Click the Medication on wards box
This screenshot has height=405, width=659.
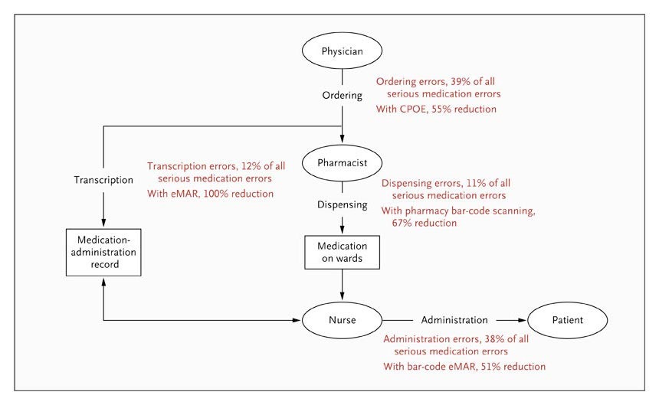[342, 252]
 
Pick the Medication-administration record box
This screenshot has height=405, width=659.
[103, 252]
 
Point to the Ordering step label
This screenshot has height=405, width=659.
[342, 96]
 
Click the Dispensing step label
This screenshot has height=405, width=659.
[342, 205]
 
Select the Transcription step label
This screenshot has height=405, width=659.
[103, 180]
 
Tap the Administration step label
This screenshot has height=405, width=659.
[454, 320]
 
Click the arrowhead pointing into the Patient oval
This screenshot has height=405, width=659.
[523, 320]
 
